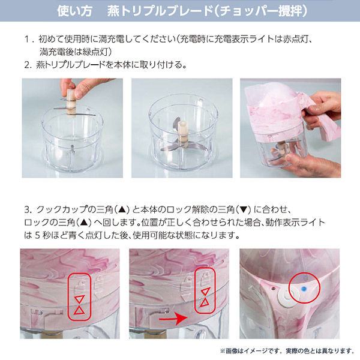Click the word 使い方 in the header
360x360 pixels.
click(x=74, y=11)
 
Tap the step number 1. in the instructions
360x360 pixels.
click(x=28, y=39)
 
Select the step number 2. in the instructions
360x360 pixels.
click(x=28, y=65)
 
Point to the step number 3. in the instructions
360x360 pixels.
click(x=28, y=209)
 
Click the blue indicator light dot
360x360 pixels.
click(x=304, y=289)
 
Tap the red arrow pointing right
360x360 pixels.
click(x=173, y=318)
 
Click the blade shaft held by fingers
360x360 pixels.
click(x=71, y=102)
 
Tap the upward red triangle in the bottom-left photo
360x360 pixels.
click(x=79, y=310)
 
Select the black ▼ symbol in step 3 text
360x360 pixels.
click(x=243, y=210)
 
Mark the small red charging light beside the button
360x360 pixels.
click(x=273, y=288)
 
